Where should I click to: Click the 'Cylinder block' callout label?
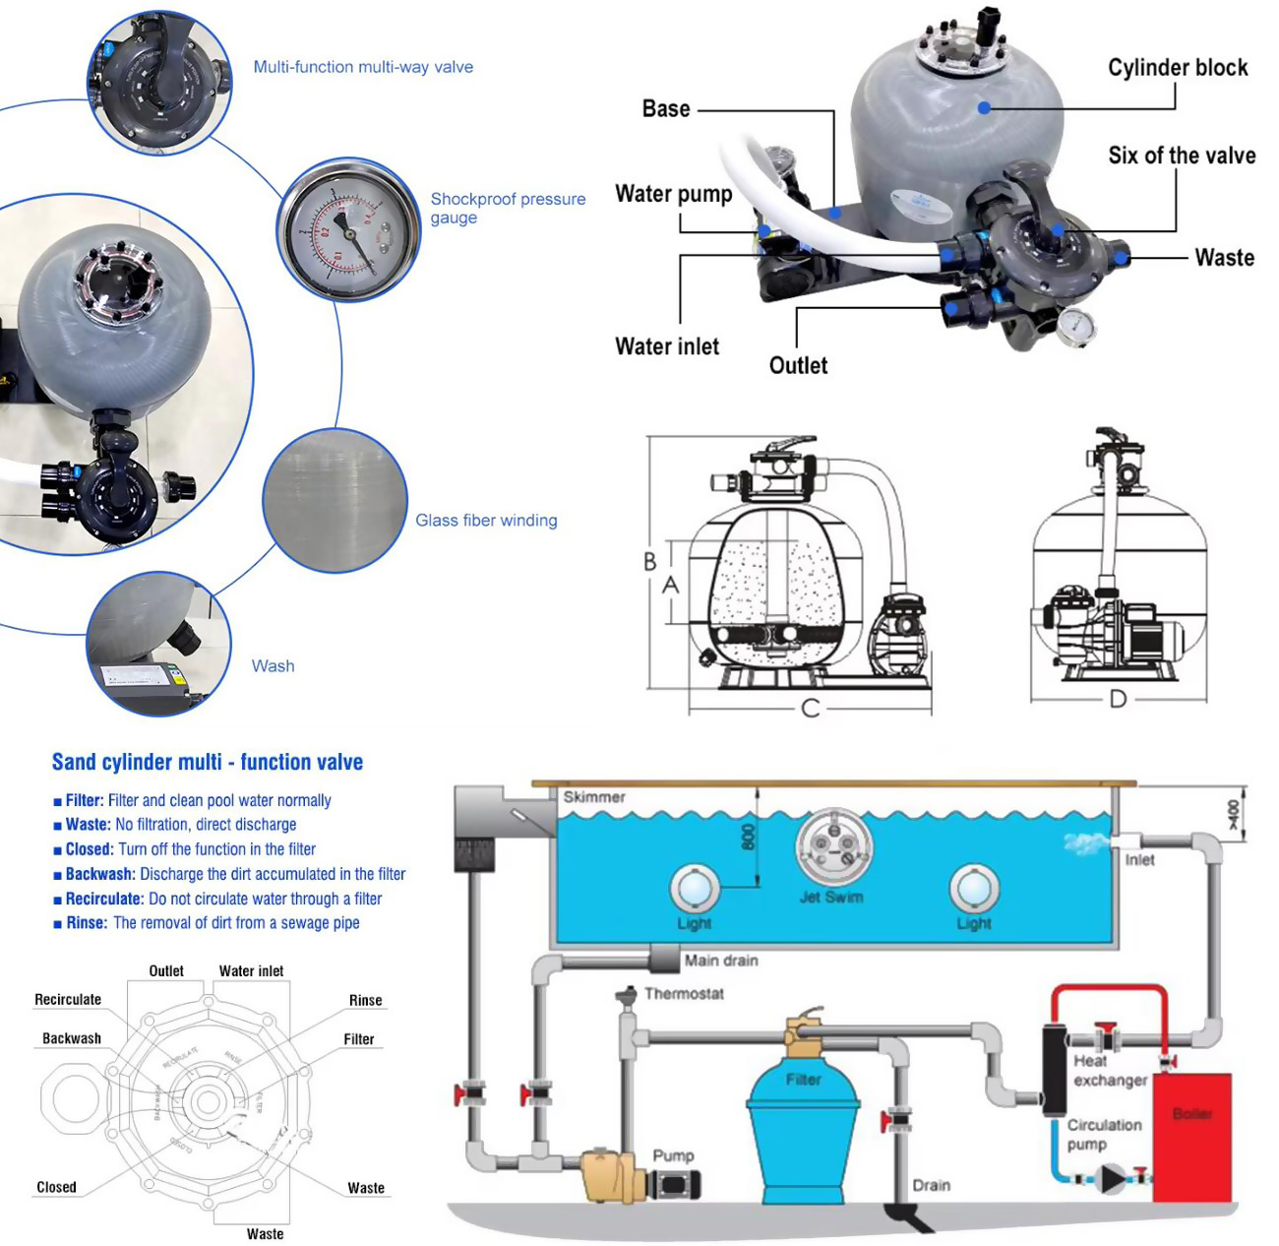click(1177, 68)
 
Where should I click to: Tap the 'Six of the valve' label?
click(1181, 156)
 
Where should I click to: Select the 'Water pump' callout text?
click(673, 194)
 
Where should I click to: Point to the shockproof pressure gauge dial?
click(348, 229)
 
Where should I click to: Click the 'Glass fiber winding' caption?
click(486, 521)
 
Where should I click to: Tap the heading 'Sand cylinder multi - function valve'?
click(207, 762)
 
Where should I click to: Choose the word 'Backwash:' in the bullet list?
click(100, 874)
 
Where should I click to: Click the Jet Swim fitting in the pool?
click(833, 846)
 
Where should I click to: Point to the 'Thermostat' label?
click(684, 994)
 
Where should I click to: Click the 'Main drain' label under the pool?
click(720, 961)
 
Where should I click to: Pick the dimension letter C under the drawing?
click(810, 708)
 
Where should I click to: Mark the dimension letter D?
click(1118, 699)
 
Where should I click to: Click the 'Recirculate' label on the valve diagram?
click(68, 1000)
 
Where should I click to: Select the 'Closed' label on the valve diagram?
click(56, 1187)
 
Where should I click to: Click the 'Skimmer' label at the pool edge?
click(593, 797)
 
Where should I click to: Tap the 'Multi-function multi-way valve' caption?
click(363, 67)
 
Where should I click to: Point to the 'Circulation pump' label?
click(1104, 1134)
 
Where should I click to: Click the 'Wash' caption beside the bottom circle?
click(273, 666)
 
